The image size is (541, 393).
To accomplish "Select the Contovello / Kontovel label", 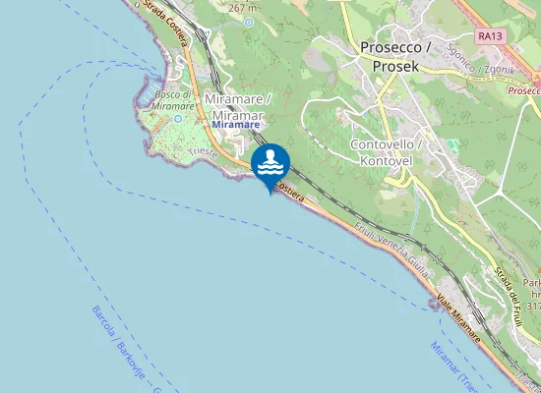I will click(387, 151).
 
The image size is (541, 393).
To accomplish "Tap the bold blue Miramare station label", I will click(236, 125).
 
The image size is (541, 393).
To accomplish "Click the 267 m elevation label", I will click(241, 8).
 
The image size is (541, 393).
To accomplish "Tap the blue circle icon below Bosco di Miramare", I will click(178, 118).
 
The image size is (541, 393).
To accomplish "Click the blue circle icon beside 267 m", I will click(249, 21).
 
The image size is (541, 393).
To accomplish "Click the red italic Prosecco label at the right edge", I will click(524, 89).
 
